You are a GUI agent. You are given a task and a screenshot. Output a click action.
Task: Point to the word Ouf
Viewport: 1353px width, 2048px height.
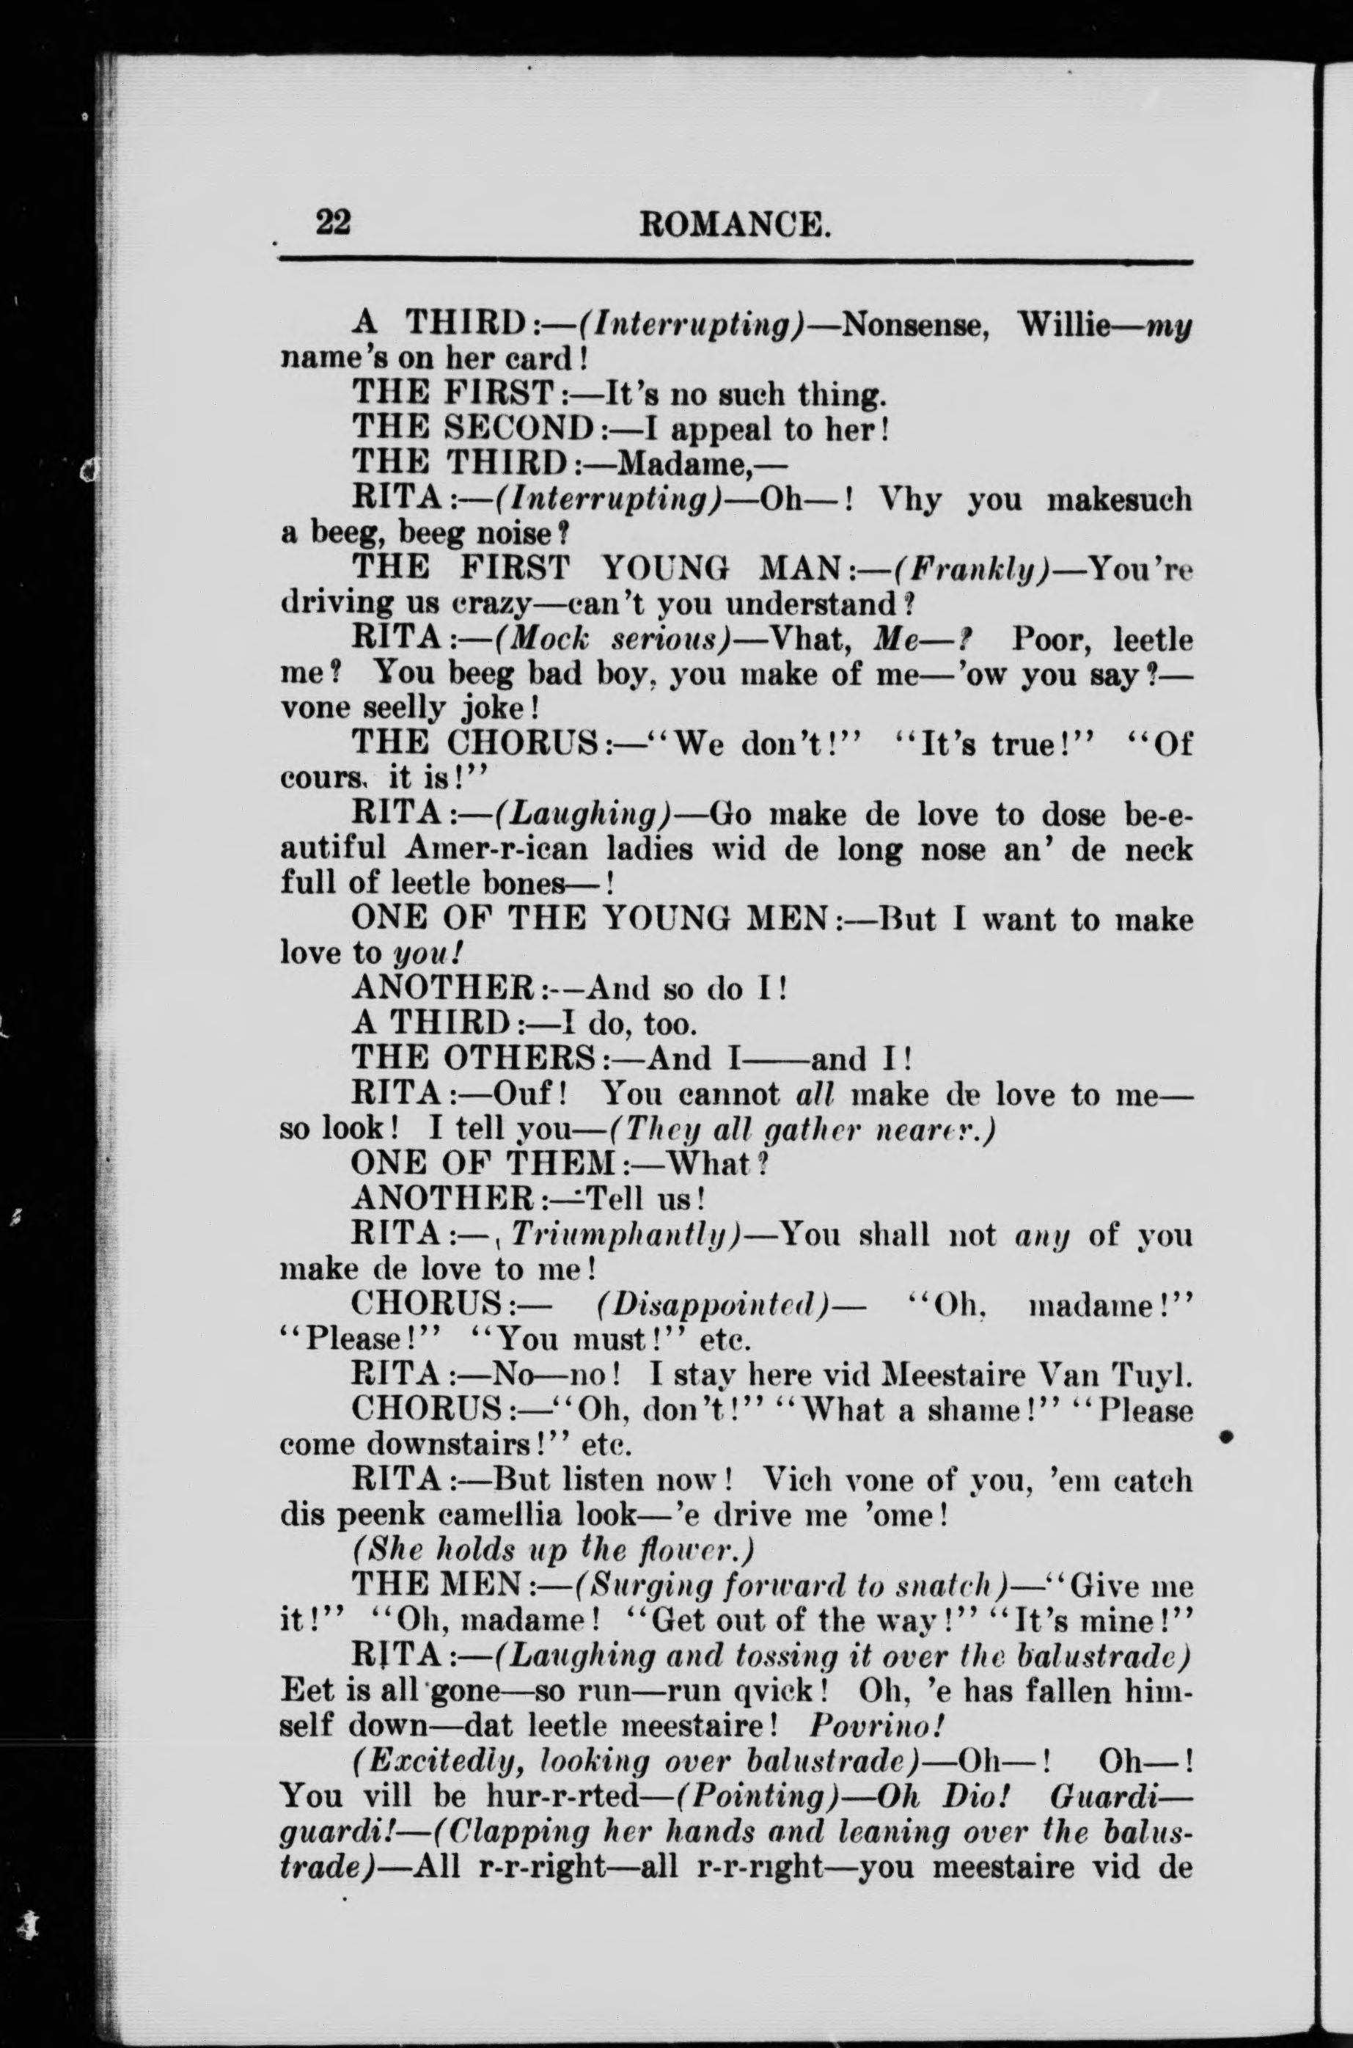(526, 1094)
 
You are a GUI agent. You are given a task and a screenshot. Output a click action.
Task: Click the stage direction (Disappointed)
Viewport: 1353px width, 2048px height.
(713, 1305)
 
